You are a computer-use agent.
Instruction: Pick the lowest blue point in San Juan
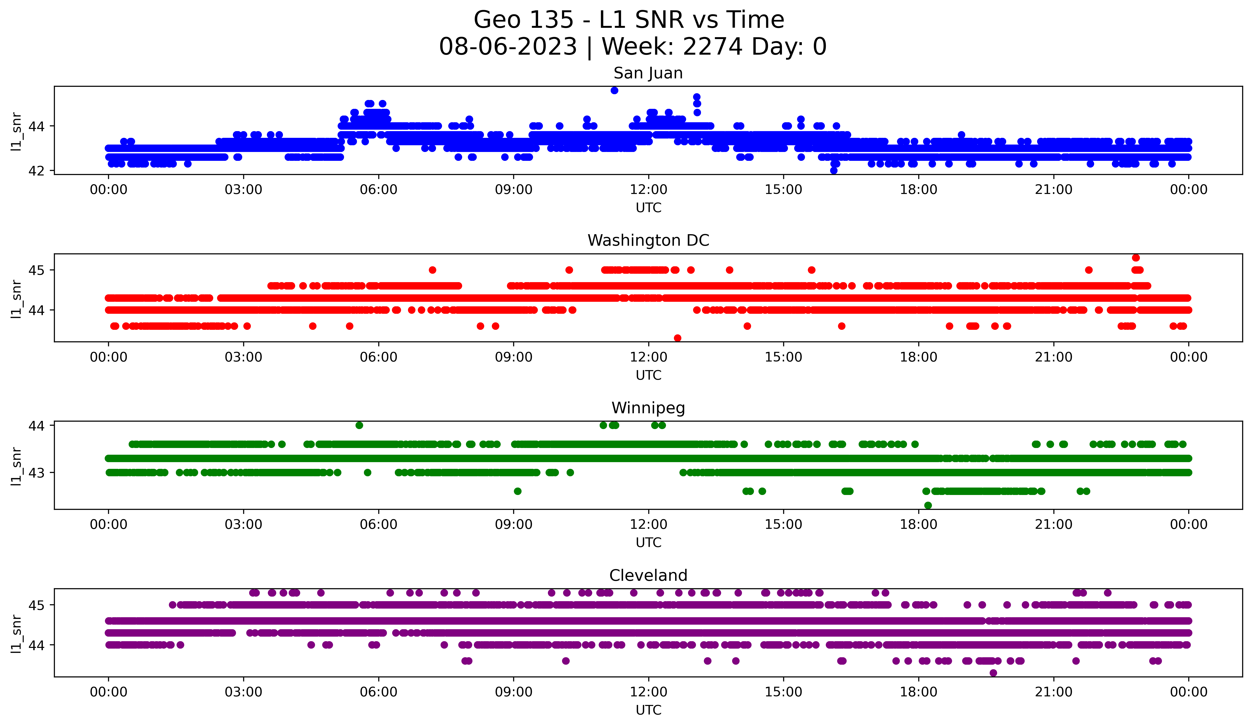tap(834, 170)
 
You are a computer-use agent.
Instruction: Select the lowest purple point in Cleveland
tap(993, 673)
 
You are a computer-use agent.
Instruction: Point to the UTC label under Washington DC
tap(648, 375)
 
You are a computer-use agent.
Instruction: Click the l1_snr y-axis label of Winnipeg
tap(16, 466)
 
